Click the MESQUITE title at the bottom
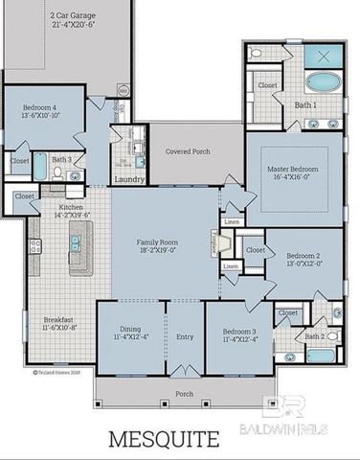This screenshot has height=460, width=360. pyautogui.click(x=163, y=439)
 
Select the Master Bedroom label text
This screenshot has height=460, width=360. pyautogui.click(x=294, y=169)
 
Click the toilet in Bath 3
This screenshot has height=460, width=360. pyautogui.click(x=57, y=172)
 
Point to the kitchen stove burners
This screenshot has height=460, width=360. pyautogui.click(x=34, y=248)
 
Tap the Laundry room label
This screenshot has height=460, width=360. pyautogui.click(x=128, y=179)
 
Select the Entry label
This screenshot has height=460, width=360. pyautogui.click(x=185, y=337)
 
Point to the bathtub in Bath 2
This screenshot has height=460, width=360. pyautogui.click(x=322, y=356)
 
